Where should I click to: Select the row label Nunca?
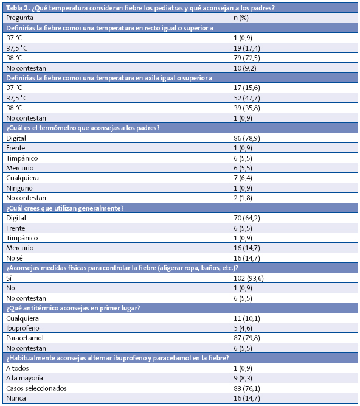(16, 397)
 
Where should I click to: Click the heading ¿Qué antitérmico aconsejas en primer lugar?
(73, 308)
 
